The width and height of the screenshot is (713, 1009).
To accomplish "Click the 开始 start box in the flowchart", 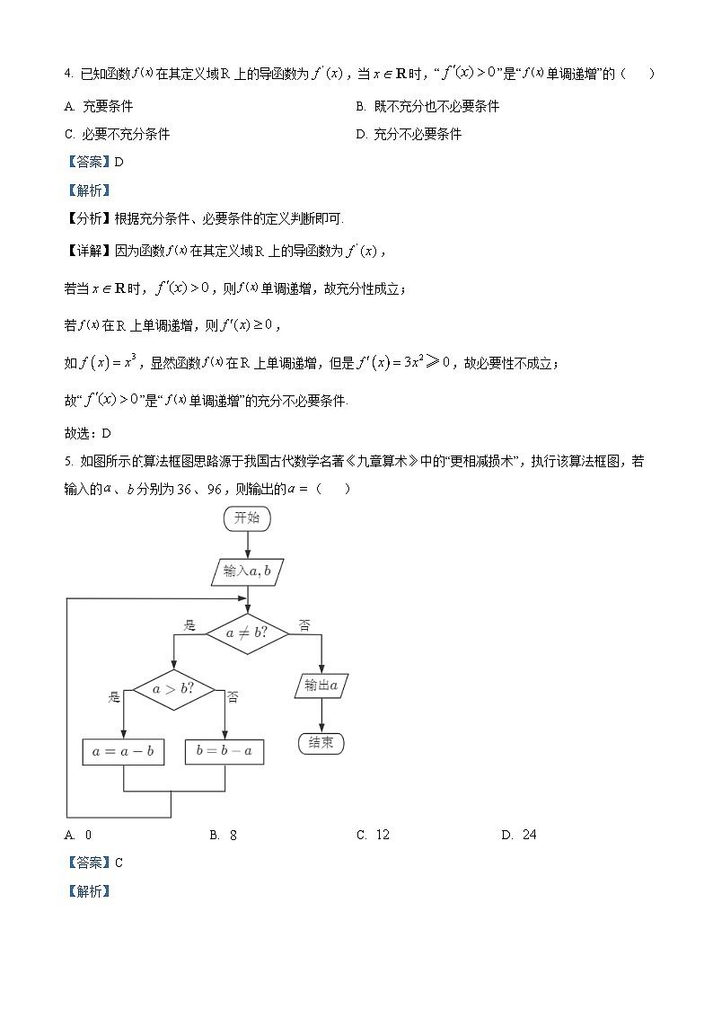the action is pyautogui.click(x=247, y=518).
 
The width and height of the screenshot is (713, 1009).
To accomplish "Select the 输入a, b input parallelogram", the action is pyautogui.click(x=247, y=571).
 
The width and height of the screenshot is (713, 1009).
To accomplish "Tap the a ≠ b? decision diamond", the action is pyautogui.click(x=247, y=633).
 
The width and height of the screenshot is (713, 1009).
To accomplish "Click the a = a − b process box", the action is pyautogui.click(x=123, y=752).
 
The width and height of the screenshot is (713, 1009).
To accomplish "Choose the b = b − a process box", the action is pyautogui.click(x=224, y=752).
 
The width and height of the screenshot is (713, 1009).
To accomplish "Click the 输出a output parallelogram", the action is pyautogui.click(x=321, y=686).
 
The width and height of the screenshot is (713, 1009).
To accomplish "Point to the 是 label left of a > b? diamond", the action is pyautogui.click(x=114, y=696).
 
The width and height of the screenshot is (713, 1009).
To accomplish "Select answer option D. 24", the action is pyautogui.click(x=519, y=835).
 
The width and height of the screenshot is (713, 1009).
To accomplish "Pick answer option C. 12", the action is pyautogui.click(x=374, y=835).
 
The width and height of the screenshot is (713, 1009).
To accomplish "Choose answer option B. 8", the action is pyautogui.click(x=224, y=835).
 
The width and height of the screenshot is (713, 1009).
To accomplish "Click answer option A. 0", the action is pyautogui.click(x=78, y=835).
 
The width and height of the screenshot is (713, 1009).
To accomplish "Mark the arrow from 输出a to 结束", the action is pyautogui.click(x=321, y=715).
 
